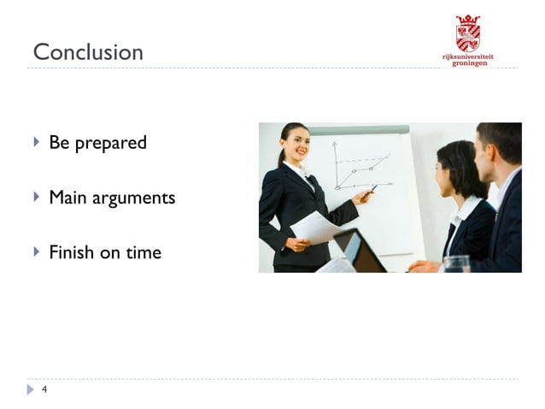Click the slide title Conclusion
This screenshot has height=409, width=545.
pyautogui.click(x=88, y=52)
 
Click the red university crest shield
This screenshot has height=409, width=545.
pyautogui.click(x=467, y=33)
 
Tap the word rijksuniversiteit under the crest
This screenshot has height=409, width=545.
pyautogui.click(x=467, y=56)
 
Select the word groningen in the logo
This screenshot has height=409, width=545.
pyautogui.click(x=470, y=63)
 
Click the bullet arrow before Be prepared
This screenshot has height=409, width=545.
pyautogui.click(x=36, y=142)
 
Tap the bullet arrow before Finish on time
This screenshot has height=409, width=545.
pyautogui.click(x=36, y=252)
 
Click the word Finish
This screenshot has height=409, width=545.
pyautogui.click(x=72, y=252)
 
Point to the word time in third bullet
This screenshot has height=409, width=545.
pyautogui.click(x=144, y=252)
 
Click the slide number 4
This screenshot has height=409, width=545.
pyautogui.click(x=44, y=390)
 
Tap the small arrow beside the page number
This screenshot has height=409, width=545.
pyautogui.click(x=31, y=390)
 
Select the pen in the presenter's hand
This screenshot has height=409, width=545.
pyautogui.click(x=373, y=188)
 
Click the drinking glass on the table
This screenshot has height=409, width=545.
pyautogui.click(x=456, y=264)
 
